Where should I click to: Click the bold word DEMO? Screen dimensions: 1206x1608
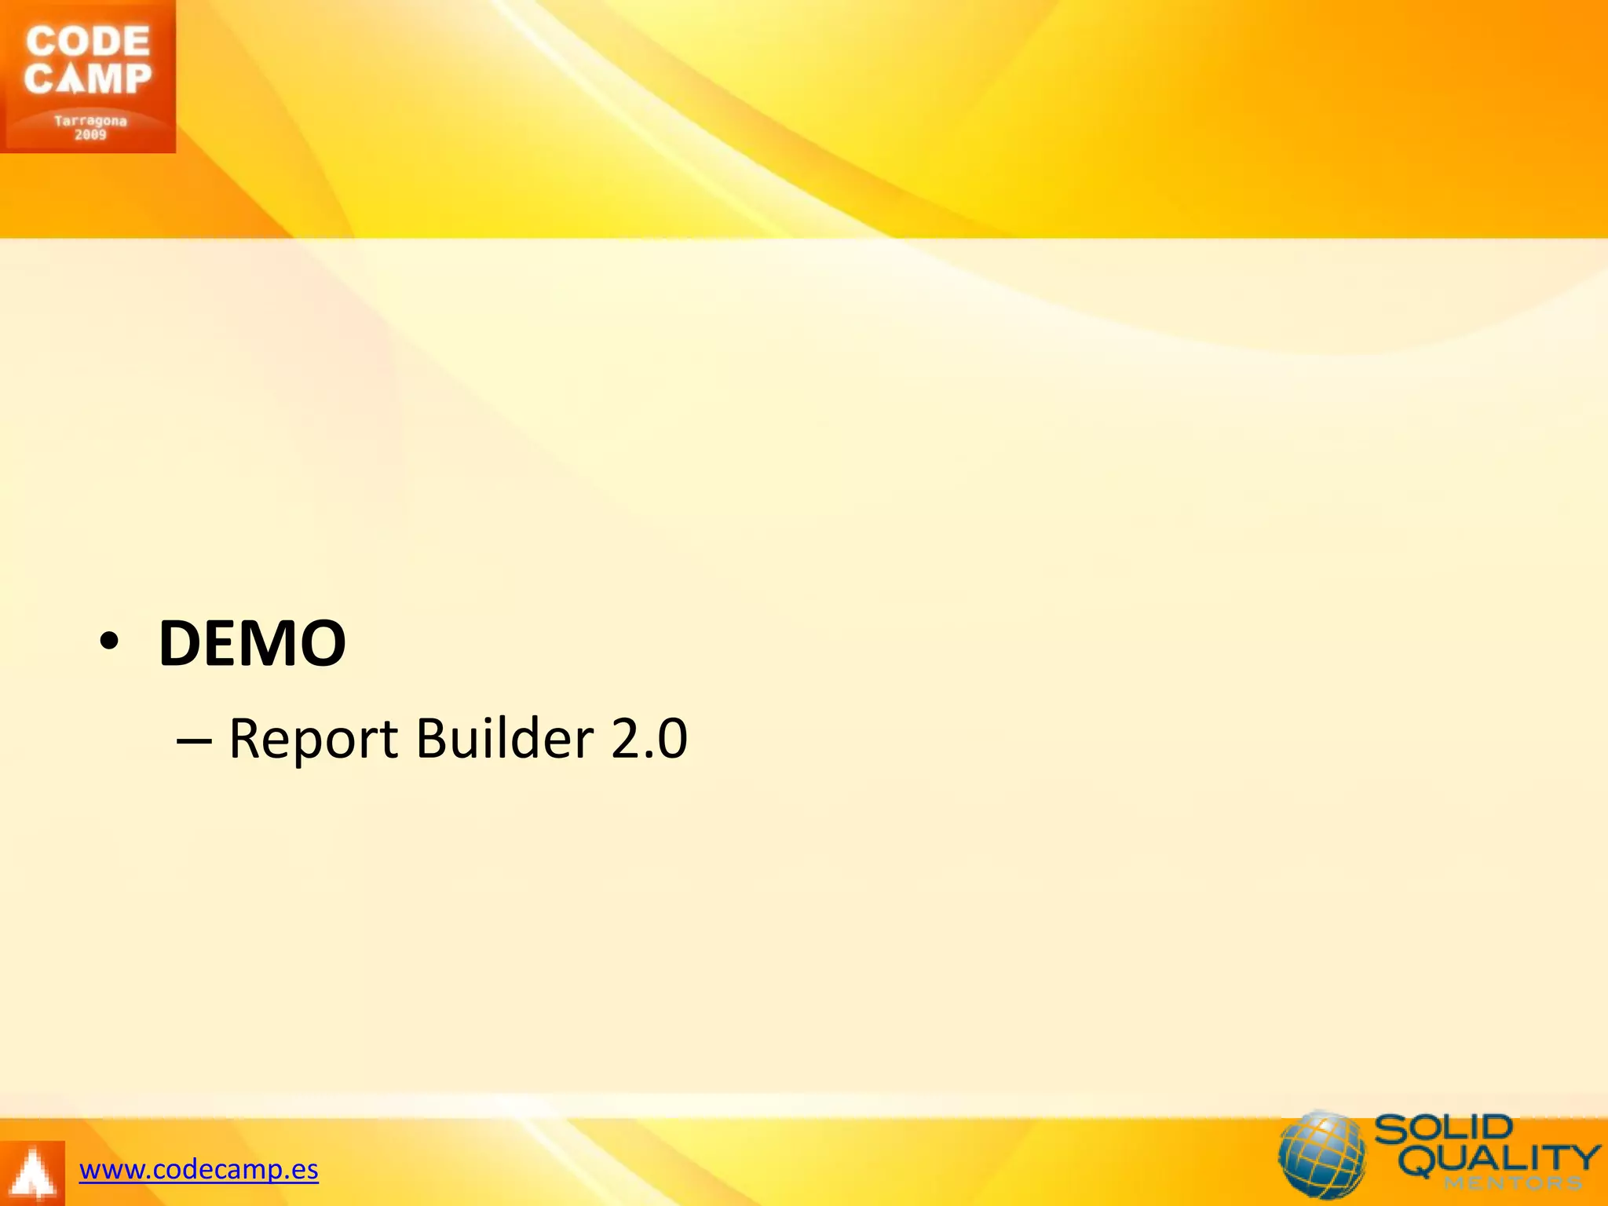click(252, 643)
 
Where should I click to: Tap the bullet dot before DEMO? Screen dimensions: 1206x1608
click(109, 641)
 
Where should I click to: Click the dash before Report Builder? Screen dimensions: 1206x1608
click(194, 740)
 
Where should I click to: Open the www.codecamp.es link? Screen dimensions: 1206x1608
click(199, 1170)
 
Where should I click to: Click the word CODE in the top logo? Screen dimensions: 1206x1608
click(87, 42)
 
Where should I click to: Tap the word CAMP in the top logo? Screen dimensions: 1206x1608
click(87, 79)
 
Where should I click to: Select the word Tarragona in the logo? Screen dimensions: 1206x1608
click(90, 121)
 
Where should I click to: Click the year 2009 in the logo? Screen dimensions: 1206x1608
click(90, 135)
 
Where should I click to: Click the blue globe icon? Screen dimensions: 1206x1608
click(1321, 1154)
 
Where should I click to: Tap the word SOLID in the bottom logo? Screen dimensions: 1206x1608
click(1443, 1130)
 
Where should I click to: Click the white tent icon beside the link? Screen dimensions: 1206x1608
click(31, 1175)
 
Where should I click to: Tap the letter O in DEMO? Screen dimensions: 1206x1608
click(320, 643)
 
